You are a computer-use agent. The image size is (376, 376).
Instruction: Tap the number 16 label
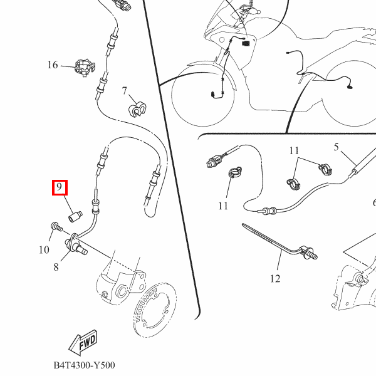coord(52,65)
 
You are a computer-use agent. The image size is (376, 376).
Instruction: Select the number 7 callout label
coord(124,90)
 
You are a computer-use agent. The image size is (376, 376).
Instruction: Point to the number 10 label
coord(44,250)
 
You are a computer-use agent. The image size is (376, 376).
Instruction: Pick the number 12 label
coord(275,279)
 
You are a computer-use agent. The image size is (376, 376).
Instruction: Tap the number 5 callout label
coord(336,147)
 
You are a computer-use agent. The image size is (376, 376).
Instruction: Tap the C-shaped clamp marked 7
coord(137,109)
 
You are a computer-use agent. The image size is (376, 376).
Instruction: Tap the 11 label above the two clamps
coord(295,151)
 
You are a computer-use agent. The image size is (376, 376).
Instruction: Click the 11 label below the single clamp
coord(224,206)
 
